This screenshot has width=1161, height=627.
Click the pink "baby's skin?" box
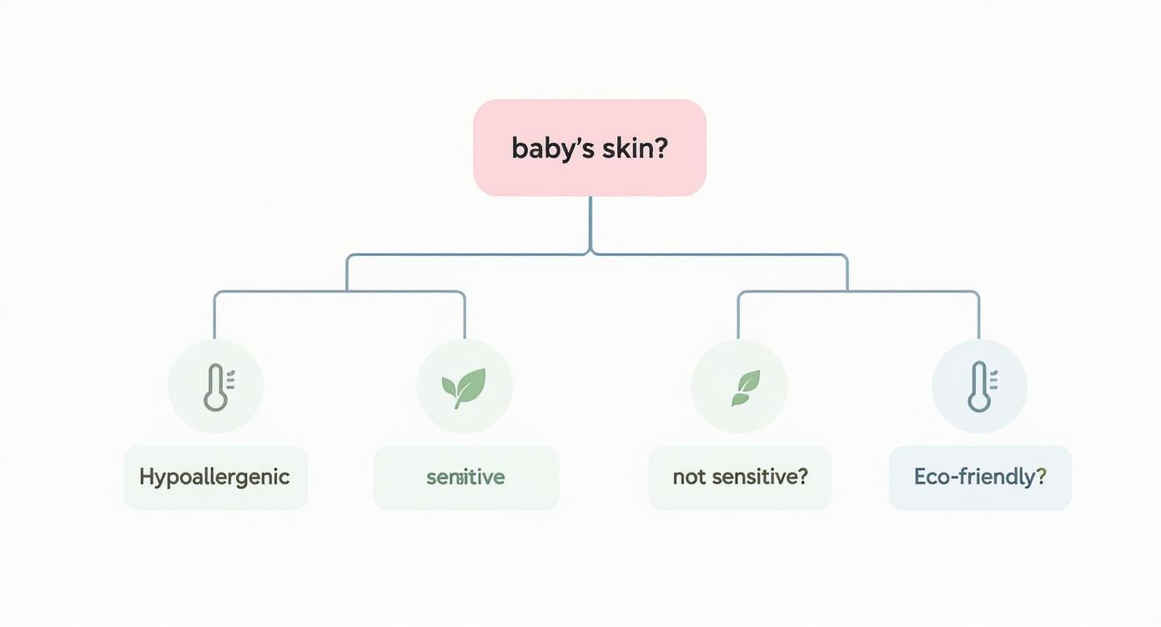tap(590, 148)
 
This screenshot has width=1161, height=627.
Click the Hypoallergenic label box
tap(215, 478)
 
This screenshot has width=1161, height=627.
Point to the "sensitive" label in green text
tap(465, 478)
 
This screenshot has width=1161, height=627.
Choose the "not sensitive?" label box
tap(740, 478)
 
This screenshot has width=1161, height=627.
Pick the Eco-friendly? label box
tap(980, 478)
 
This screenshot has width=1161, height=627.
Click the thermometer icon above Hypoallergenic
tap(216, 387)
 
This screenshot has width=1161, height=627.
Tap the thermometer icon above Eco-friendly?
tap(979, 387)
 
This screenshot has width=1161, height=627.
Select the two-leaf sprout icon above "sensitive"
tap(464, 387)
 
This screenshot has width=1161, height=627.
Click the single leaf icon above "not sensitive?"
tap(740, 388)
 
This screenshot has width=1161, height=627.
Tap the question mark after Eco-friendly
tap(1041, 478)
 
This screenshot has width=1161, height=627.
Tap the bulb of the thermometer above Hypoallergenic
tap(215, 401)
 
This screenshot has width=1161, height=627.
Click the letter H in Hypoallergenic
tap(147, 477)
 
